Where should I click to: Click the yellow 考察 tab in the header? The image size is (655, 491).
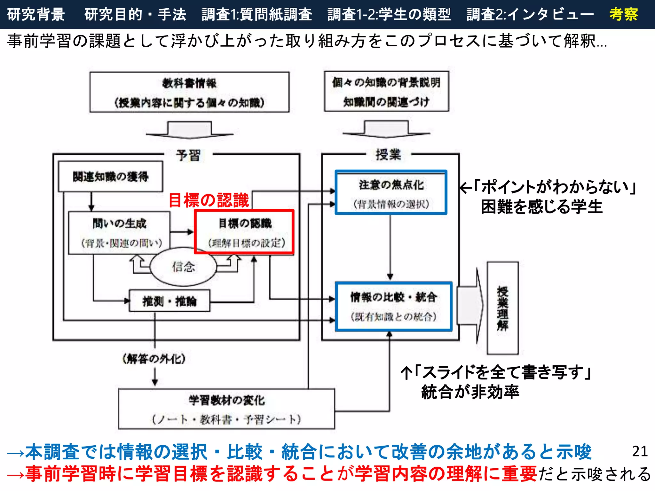(623, 14)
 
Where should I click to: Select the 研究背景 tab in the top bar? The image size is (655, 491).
(36, 14)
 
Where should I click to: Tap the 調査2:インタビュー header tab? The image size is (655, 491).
(530, 14)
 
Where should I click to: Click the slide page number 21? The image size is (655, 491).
(640, 451)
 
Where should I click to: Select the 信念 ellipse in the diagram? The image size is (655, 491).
(183, 266)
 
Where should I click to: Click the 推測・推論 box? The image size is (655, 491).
(170, 301)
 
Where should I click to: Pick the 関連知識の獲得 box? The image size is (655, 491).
(111, 176)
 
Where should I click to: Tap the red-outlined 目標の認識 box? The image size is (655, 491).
(244, 232)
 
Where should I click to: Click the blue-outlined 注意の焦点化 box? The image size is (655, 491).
(391, 192)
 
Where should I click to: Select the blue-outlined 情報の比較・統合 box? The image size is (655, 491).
(394, 307)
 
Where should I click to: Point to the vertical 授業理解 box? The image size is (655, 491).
(502, 308)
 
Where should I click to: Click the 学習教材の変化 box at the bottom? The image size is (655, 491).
(226, 409)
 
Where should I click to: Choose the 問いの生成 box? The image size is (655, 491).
(119, 233)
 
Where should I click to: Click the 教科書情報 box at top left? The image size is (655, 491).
(189, 92)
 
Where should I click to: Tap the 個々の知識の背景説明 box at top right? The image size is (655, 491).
(386, 91)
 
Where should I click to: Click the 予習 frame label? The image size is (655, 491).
(188, 155)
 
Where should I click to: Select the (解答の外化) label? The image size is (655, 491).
(154, 359)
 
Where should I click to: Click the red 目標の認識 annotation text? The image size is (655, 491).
(209, 200)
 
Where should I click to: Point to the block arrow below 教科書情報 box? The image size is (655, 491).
(190, 130)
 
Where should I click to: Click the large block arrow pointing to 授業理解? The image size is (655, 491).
(470, 306)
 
